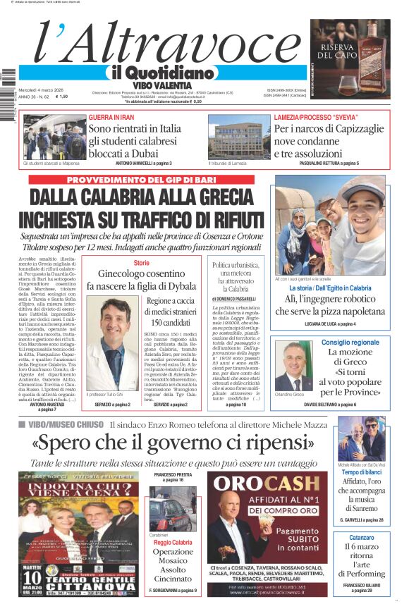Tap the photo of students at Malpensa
click(54, 137)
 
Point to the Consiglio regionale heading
click(350, 343)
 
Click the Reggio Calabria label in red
click(173, 543)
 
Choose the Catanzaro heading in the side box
click(361, 537)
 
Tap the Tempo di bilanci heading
click(361, 472)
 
